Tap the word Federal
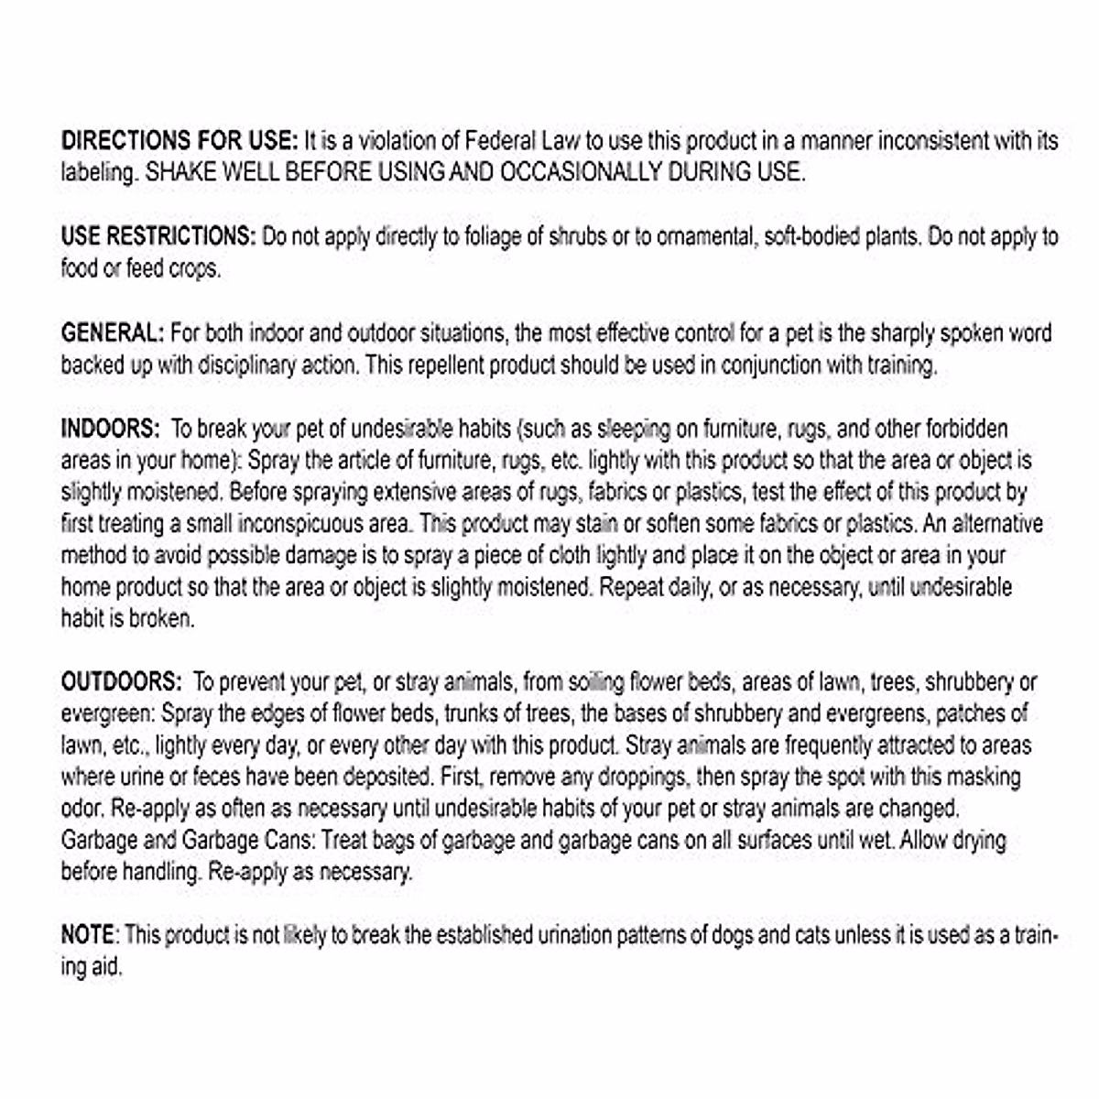tap(503, 141)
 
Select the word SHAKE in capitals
tap(180, 173)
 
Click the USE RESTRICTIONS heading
tap(158, 236)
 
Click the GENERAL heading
tap(113, 332)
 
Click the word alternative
tap(997, 524)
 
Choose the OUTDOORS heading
tap(122, 682)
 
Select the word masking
tap(983, 778)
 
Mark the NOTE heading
tap(89, 935)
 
